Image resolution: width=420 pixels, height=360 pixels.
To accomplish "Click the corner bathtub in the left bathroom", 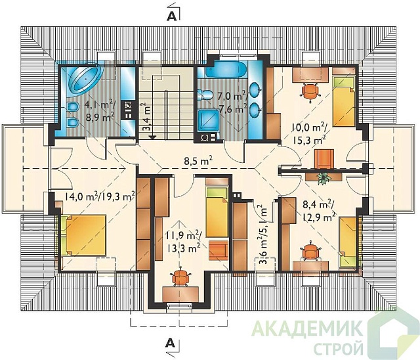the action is (85, 79).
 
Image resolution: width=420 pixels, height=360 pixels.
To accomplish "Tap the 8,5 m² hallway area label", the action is (198, 161).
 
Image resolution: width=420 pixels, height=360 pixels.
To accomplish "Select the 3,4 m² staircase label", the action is (146, 116).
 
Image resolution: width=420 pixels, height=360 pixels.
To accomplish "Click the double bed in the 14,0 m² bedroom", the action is (83, 235).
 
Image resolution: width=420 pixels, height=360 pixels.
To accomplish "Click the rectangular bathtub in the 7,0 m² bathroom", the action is (226, 70).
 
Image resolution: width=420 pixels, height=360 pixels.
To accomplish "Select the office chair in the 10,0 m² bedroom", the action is (310, 92).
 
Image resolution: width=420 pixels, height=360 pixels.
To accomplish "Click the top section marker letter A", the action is (171, 16).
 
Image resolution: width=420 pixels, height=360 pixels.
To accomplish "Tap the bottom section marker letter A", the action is (171, 343).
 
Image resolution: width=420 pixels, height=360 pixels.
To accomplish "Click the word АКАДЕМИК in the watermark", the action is (308, 328).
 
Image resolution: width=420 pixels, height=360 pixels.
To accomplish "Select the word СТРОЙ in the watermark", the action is (339, 348).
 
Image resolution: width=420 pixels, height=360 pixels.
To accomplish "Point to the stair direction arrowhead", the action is (152, 137).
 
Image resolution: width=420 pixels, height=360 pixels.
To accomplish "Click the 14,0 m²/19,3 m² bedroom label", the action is (99, 198).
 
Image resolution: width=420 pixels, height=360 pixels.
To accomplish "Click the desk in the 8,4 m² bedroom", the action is (310, 266).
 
